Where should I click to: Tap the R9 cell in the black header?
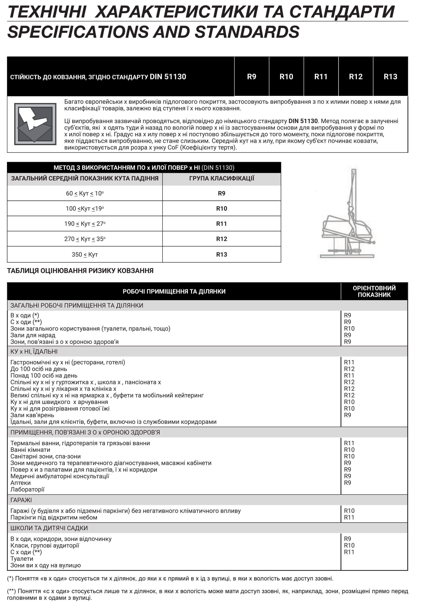[251, 77]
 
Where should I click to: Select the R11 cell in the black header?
[321, 77]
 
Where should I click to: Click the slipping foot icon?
[35, 124]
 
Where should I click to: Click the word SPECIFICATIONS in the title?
[78, 32]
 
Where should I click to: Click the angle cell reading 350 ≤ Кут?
[85, 254]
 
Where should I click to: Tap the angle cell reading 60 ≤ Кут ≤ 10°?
[85, 194]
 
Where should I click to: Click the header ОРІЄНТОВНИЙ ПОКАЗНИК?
[374, 291]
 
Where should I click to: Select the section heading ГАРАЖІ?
[21, 500]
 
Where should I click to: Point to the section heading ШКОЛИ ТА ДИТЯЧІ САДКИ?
[49, 528]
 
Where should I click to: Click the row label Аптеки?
[21, 483]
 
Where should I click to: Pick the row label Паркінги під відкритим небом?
[54, 517]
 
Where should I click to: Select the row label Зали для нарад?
[33, 335]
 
